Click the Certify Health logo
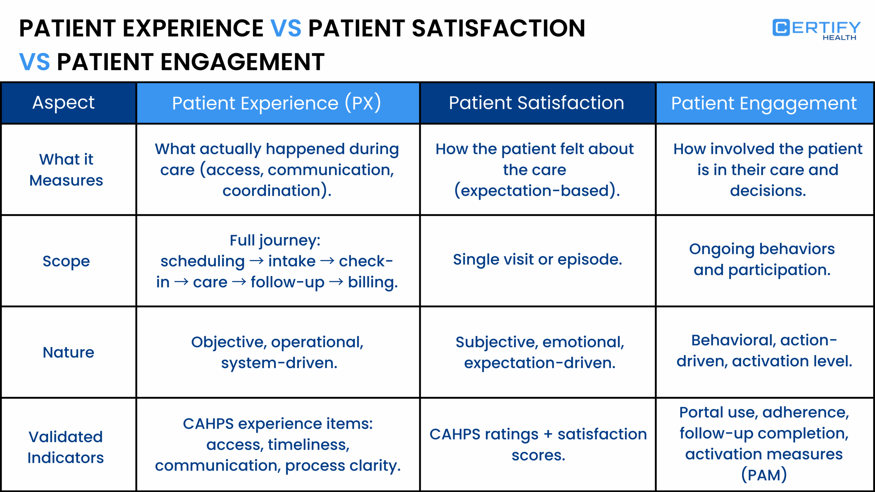816,29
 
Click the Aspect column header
64,102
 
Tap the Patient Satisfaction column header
536,103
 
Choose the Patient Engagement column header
764,103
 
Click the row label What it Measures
66,170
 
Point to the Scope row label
66,261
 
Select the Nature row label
68,352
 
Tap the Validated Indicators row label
66,447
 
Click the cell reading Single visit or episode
537,260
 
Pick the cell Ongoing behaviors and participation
762,260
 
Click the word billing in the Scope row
372,283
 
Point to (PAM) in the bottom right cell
764,475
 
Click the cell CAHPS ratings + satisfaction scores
538,445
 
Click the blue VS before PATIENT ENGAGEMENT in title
34,62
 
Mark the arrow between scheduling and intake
257,261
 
